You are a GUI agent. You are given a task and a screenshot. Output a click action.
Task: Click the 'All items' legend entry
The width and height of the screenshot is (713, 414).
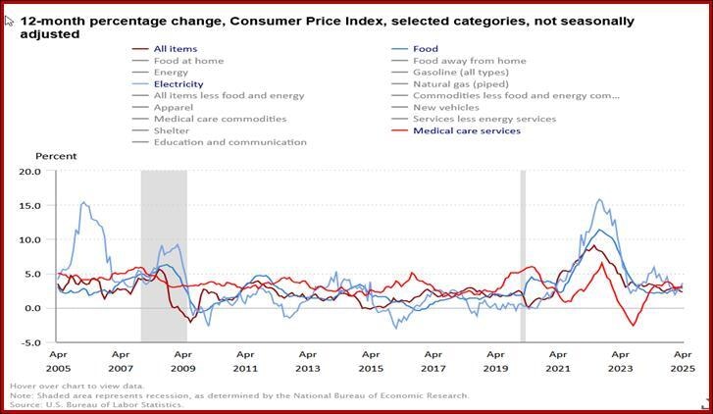tap(176, 49)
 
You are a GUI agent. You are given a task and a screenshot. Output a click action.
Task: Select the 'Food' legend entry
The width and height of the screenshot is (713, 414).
tap(425, 49)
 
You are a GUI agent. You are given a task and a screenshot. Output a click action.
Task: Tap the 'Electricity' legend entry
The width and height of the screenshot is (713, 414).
tap(178, 84)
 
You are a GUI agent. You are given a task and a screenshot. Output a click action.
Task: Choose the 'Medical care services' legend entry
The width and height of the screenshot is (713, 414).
tap(466, 130)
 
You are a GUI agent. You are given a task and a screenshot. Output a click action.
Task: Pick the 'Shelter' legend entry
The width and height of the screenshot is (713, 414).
tap(171, 130)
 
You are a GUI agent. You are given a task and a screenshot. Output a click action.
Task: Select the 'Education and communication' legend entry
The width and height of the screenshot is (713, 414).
tap(229, 142)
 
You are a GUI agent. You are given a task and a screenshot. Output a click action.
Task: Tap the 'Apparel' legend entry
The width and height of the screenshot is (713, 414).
tap(174, 108)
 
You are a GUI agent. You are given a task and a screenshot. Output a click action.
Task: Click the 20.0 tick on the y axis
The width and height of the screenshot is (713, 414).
tap(30, 172)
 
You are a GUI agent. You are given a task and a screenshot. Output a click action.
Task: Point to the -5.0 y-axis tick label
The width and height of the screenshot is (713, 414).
tap(30, 343)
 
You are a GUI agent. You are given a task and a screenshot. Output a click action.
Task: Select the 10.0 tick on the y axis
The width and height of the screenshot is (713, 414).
tap(30, 240)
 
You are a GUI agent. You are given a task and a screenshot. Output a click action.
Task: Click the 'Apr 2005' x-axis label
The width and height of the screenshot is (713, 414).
tap(58, 360)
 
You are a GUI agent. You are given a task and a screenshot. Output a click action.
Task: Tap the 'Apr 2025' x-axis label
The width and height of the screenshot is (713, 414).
tap(683, 360)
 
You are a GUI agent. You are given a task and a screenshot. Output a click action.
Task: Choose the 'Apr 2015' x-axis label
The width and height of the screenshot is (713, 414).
tap(371, 360)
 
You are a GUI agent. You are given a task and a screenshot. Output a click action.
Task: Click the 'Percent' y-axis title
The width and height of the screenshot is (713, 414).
tap(56, 157)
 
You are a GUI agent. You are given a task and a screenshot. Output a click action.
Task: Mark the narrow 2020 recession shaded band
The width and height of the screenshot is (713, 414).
tap(523, 255)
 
